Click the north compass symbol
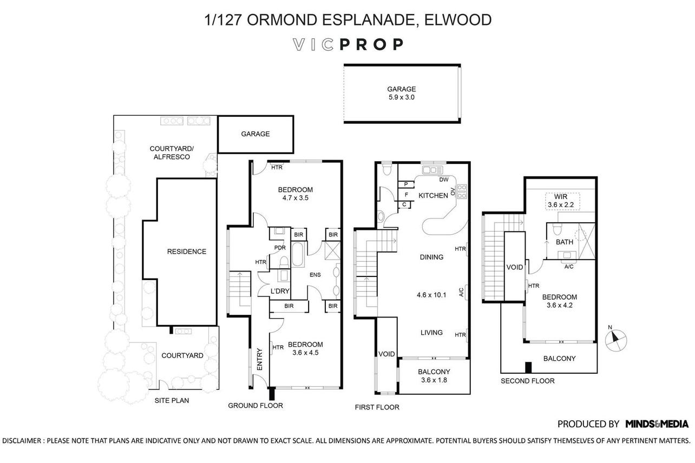coord(615,340)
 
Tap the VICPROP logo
coord(348,45)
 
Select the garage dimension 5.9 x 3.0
coord(402,97)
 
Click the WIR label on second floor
coord(561,196)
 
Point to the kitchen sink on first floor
coord(432,170)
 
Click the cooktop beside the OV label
coord(462,191)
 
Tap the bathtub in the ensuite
coord(297,254)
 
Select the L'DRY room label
coord(280,291)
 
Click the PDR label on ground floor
coord(280,248)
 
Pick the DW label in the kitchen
coord(444,180)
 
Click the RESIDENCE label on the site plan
coord(187,252)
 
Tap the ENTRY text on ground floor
coord(260,359)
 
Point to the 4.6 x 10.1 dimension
coord(431,295)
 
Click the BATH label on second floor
coord(565,242)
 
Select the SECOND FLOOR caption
coord(527,381)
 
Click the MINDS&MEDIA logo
coord(657,424)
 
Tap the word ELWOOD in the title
coord(457,20)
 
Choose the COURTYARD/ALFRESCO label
coord(172,153)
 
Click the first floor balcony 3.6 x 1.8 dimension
coord(434,380)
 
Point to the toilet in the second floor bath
coord(557,229)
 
